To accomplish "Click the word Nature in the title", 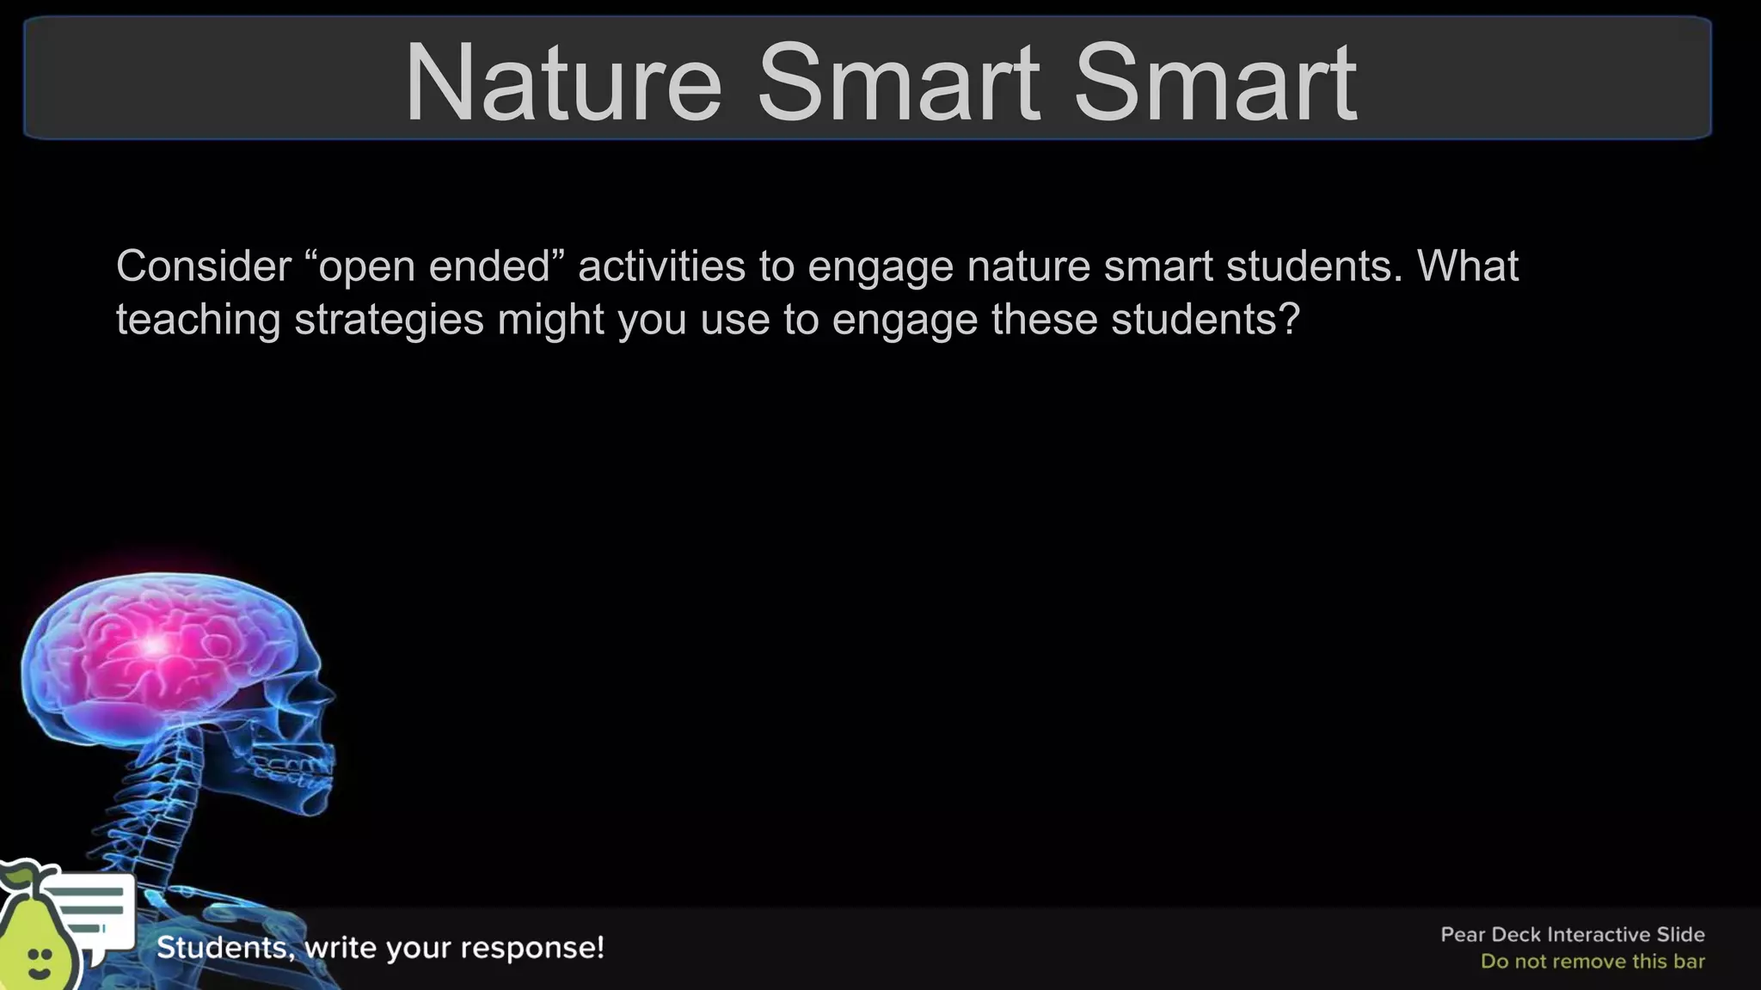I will click(x=563, y=83).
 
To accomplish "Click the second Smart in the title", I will click(x=1214, y=83).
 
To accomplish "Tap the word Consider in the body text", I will click(x=204, y=266).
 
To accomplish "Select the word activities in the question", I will click(x=661, y=266).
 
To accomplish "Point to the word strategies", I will click(x=390, y=320).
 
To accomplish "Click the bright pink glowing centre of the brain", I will click(x=155, y=645).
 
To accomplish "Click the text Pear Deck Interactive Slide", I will click(x=1572, y=934).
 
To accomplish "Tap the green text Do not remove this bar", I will click(x=1592, y=962).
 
